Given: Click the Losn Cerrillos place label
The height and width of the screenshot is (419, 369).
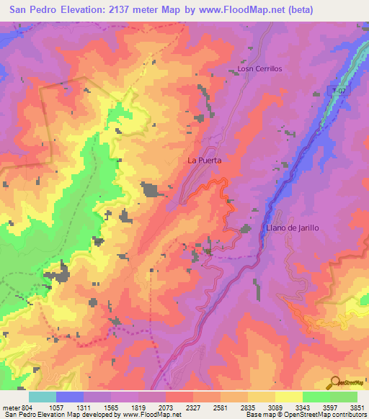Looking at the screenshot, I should tap(259, 69).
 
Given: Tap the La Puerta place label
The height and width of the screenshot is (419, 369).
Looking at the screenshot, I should tap(204, 160).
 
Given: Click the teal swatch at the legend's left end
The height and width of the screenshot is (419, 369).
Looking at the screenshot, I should tap(43, 397).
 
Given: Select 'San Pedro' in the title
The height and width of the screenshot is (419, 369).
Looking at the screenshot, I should tap(35, 10).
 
